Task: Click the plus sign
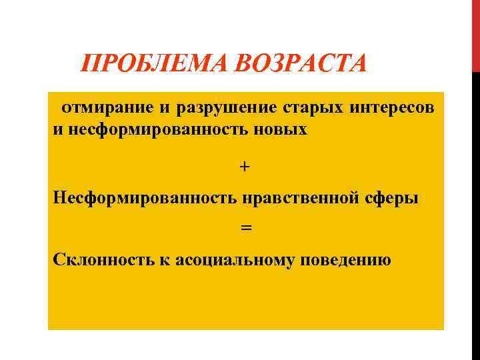pyautogui.click(x=245, y=167)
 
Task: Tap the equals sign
pyautogui.click(x=245, y=228)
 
